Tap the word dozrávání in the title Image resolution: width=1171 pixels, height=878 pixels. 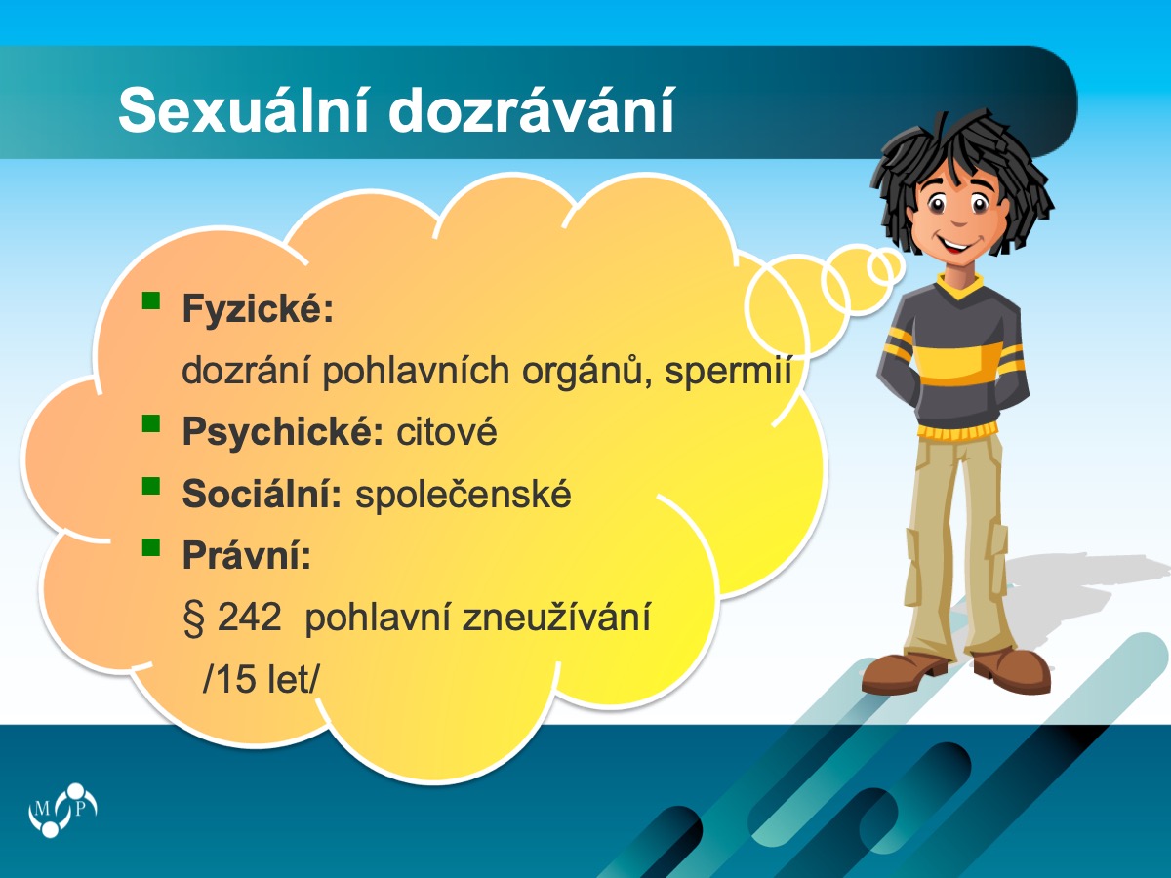coord(532,110)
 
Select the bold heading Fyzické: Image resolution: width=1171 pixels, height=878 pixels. coord(258,309)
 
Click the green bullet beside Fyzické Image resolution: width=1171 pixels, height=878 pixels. coord(151,300)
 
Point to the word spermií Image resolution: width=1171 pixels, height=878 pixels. coord(728,371)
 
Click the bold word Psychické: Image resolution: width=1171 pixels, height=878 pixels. coord(283,431)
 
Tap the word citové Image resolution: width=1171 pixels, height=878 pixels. coord(447,431)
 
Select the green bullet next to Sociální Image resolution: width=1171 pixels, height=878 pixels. coord(151,486)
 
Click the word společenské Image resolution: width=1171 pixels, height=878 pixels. coord(464,495)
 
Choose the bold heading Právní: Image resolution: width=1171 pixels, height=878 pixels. coord(247,555)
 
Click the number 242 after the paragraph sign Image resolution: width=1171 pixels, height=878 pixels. coord(249,618)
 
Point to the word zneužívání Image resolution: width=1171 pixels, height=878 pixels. coord(556,618)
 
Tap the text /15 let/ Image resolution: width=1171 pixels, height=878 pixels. coord(261,680)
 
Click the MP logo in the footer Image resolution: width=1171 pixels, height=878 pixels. coord(62,810)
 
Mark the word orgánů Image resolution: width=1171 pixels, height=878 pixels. coord(586,371)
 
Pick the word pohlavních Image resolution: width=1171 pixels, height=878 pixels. coord(416,371)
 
